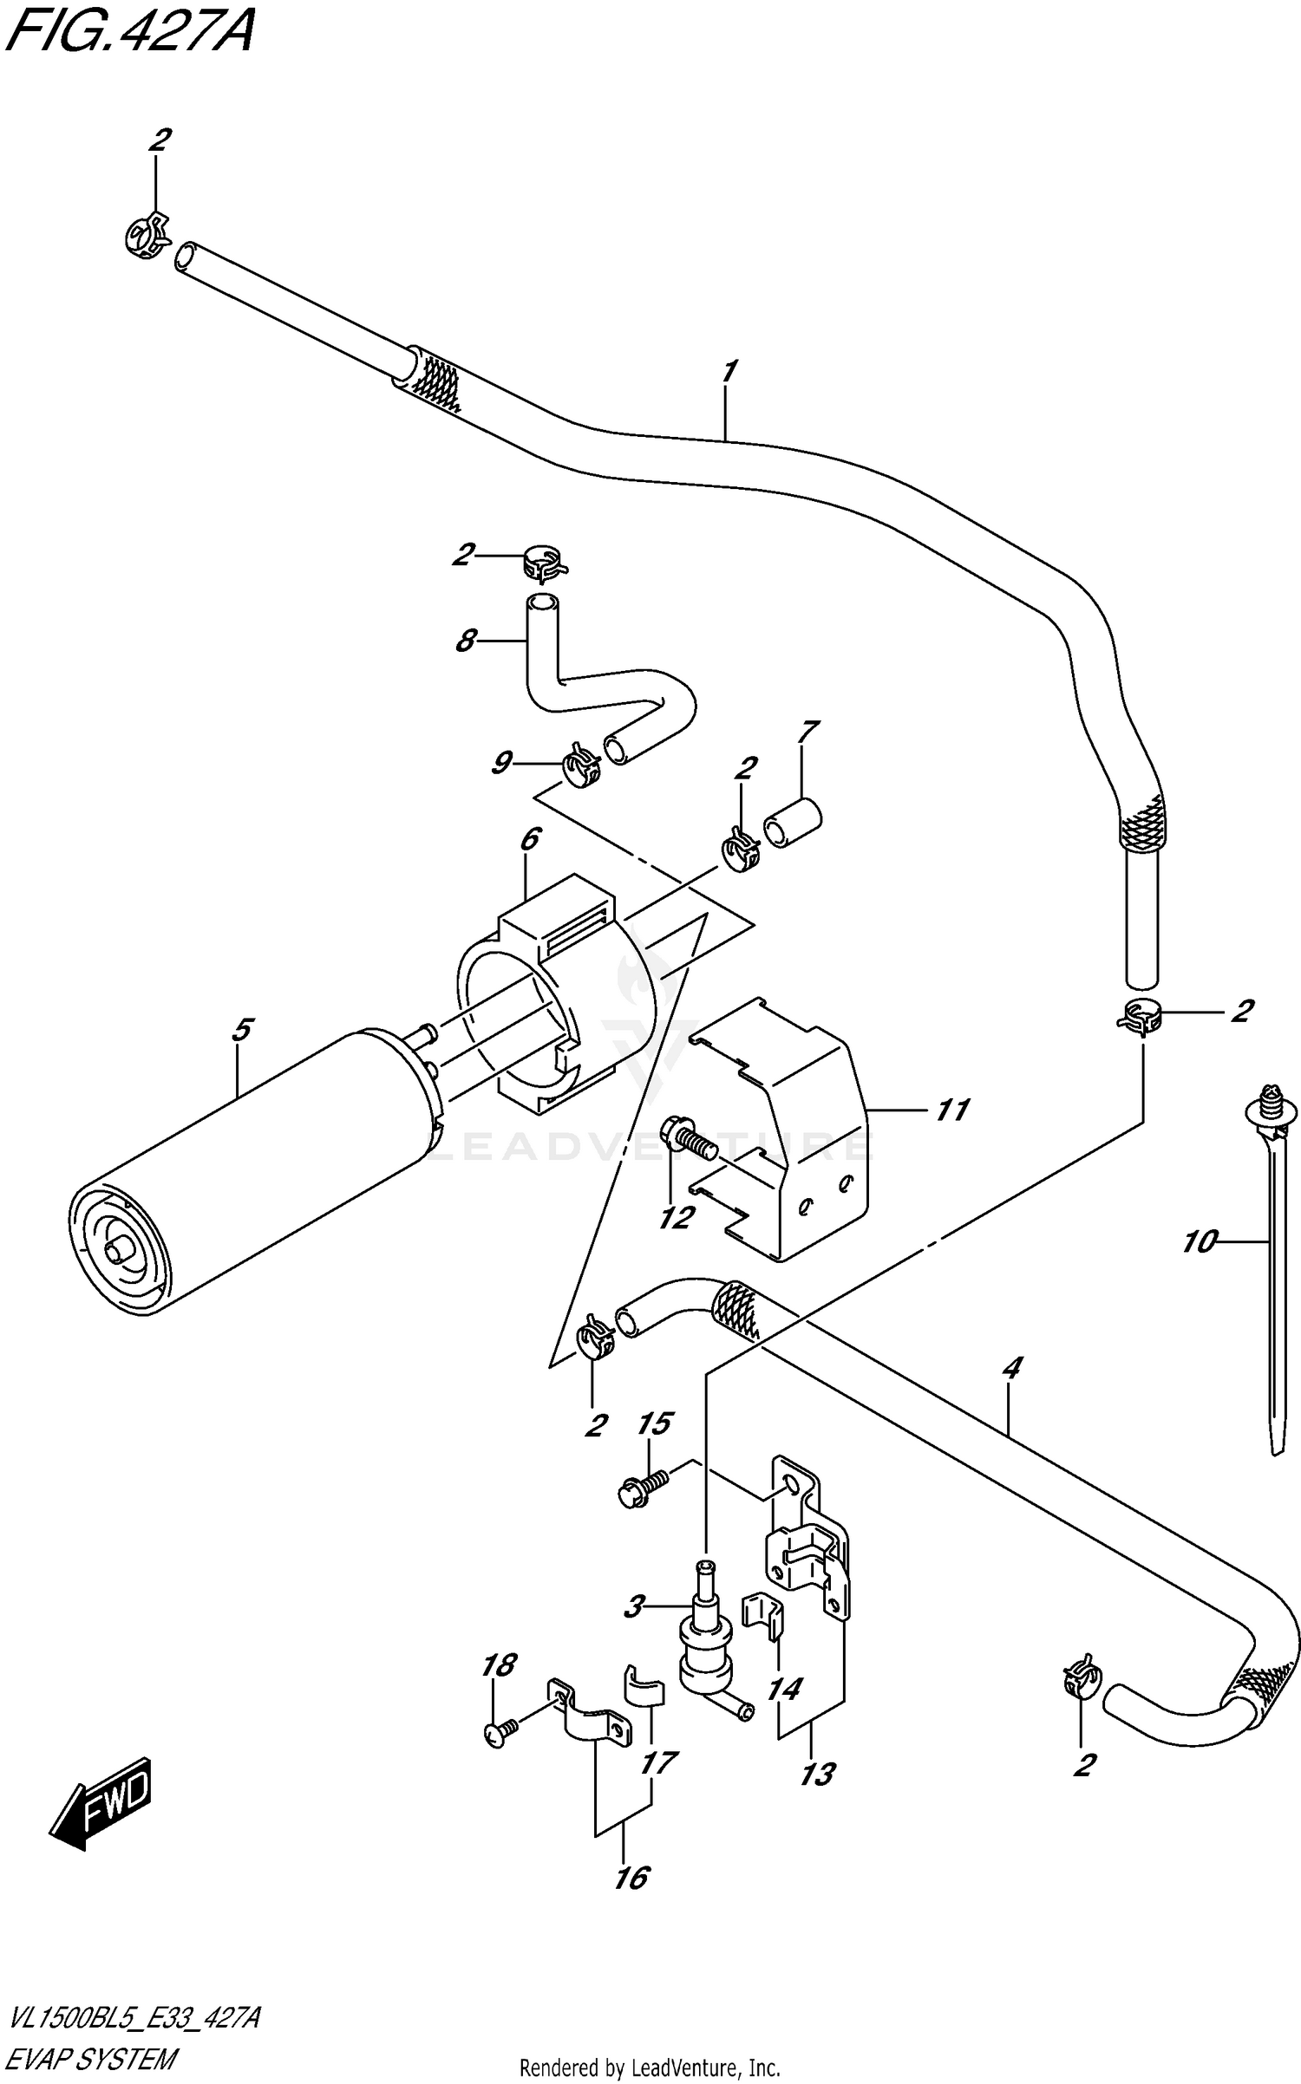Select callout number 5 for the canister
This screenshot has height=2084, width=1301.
click(241, 1030)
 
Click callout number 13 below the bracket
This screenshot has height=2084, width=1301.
click(816, 1774)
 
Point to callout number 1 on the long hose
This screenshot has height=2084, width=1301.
click(728, 371)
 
